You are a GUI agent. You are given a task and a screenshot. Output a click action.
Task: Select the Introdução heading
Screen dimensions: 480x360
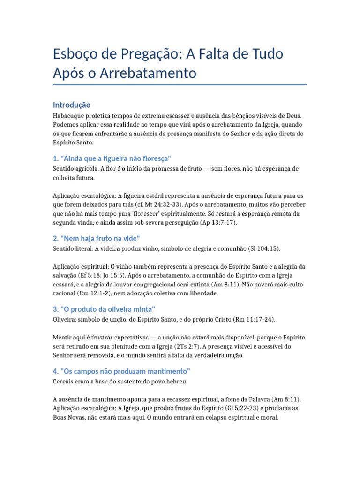[x=72, y=105]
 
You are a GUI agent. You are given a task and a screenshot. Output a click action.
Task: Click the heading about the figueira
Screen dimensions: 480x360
[x=112, y=158]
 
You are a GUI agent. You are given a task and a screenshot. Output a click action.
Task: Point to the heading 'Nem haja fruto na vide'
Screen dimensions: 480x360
[x=97, y=238]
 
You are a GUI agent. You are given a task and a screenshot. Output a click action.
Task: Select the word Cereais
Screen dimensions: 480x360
[x=65, y=382]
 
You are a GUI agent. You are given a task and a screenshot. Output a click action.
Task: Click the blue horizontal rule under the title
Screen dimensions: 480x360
[x=180, y=85]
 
